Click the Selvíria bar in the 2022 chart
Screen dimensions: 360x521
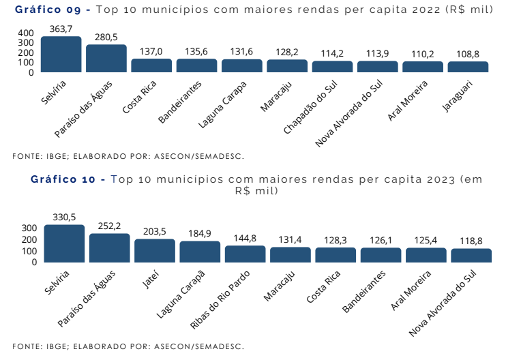(x=61, y=55)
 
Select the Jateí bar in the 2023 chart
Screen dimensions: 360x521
(x=154, y=251)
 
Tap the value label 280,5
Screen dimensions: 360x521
(x=106, y=37)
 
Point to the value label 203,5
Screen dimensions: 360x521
(x=154, y=232)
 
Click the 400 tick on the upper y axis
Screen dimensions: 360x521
(x=25, y=33)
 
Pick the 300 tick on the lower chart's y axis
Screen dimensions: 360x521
(x=29, y=228)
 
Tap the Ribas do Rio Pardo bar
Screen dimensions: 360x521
(x=245, y=254)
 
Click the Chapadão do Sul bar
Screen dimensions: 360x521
(x=332, y=67)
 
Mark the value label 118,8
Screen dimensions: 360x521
(x=471, y=241)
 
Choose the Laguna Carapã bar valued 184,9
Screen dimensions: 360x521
(x=200, y=252)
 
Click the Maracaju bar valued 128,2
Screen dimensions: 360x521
(x=287, y=66)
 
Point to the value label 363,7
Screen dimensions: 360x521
(x=61, y=29)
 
